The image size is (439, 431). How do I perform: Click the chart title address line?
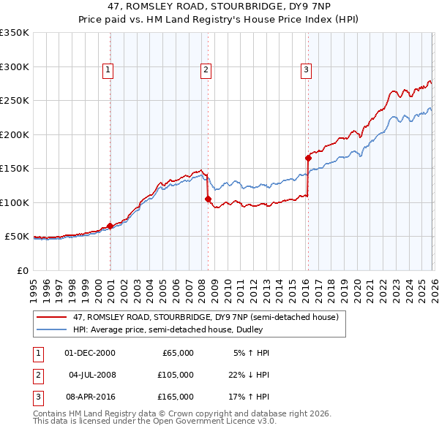coord(219,8)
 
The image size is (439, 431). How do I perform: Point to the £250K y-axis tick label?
coord(15,101)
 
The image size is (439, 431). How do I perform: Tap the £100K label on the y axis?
coord(15,202)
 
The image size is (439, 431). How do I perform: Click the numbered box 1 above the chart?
coord(108,70)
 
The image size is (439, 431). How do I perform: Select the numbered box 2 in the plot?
coord(206,70)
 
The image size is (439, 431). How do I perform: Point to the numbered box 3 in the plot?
coord(305,70)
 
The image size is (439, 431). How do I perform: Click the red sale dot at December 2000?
coord(110,226)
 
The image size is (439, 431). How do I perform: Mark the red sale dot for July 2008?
coord(208,199)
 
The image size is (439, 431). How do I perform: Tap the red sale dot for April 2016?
coord(308,158)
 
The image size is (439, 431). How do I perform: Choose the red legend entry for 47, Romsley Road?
coord(205,318)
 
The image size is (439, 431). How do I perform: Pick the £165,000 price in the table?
coord(176,397)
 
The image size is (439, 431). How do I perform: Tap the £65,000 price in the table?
coord(178,353)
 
